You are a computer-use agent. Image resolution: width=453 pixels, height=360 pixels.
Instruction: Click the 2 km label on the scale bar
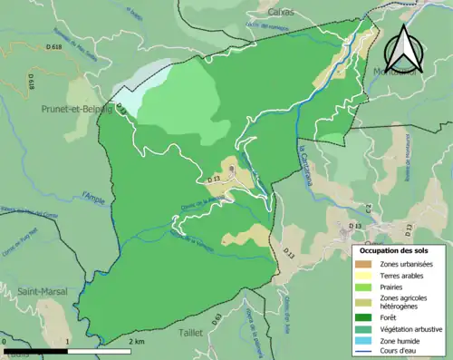point(138,341)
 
